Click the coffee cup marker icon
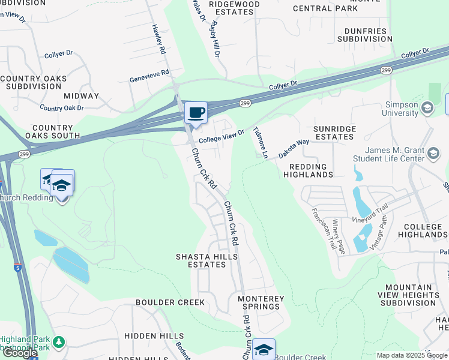(x=196, y=112)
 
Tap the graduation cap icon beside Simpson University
(x=427, y=108)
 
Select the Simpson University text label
(x=401, y=109)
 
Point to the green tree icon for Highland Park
(x=58, y=343)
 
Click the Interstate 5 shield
(x=18, y=268)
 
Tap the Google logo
(x=20, y=353)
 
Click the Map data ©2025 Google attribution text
(x=412, y=355)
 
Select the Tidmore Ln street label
(x=260, y=142)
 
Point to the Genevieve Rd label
(x=150, y=79)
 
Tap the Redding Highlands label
(x=311, y=170)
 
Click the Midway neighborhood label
(x=81, y=96)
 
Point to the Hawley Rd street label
(x=158, y=40)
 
